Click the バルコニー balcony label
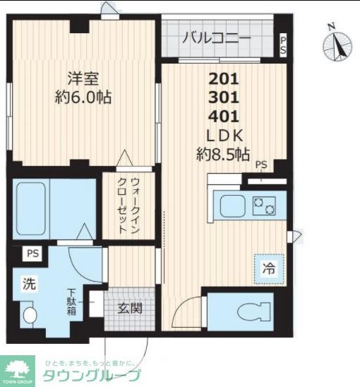point(217,39)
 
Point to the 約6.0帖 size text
point(84,97)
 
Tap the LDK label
point(224,135)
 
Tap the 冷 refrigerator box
point(269,268)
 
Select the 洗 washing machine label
point(28,285)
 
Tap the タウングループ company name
point(92,376)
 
